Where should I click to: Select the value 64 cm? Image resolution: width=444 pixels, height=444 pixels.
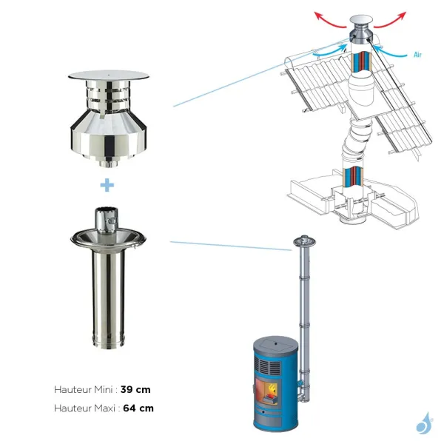(x=141, y=408)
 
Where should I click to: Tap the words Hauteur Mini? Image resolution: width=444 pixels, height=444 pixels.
(x=78, y=388)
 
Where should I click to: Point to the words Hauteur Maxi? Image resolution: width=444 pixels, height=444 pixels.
(x=80, y=408)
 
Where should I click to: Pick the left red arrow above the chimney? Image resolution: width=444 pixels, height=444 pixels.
(x=326, y=18)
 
